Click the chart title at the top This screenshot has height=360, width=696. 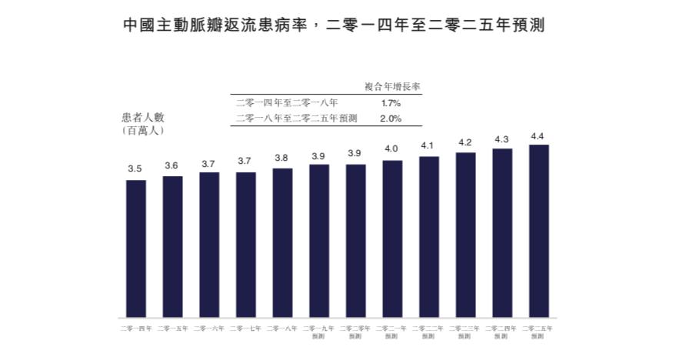[334, 25]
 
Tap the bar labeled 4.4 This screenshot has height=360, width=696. [538, 231]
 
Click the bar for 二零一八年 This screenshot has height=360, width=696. [282, 242]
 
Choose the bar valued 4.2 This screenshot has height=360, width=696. [465, 235]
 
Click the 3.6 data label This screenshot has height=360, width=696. [172, 165]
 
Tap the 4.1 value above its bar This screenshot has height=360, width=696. [428, 145]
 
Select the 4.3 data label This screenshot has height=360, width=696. [501, 139]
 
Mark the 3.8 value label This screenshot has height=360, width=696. [282, 158]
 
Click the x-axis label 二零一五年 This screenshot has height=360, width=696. [172, 328]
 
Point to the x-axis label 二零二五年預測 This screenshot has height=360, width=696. [538, 332]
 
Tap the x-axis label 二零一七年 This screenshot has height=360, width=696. [245, 328]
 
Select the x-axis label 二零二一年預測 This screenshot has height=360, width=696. [392, 332]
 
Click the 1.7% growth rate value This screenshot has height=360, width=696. [391, 102]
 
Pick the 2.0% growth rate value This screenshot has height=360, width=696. [391, 118]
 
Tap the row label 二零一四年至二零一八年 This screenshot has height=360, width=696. [285, 102]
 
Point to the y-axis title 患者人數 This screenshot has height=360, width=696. [143, 118]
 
